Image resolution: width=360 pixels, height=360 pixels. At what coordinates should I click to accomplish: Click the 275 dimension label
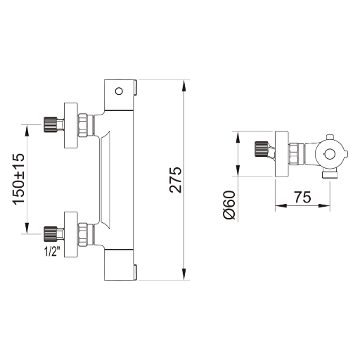[x=176, y=180]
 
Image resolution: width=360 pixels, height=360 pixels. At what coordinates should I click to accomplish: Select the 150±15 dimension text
[x=19, y=179]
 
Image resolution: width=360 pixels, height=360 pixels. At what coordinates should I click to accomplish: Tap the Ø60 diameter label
[x=229, y=205]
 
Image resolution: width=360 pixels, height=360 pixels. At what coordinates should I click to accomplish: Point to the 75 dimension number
[x=302, y=197]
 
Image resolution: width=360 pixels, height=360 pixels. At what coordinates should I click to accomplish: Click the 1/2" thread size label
[x=52, y=252]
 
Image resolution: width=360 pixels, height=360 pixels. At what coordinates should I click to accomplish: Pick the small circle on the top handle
[x=119, y=91]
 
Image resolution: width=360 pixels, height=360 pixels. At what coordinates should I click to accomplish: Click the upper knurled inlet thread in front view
[x=51, y=124]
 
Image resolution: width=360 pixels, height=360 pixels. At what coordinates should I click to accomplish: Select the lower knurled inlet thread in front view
[x=51, y=234]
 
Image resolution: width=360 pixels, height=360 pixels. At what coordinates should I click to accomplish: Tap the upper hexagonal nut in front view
[x=82, y=125]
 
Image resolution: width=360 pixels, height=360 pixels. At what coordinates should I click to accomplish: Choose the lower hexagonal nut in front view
[x=82, y=235]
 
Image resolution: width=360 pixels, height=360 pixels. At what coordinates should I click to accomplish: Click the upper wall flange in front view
[x=71, y=125]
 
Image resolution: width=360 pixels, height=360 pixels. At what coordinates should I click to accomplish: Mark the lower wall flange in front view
[x=71, y=235]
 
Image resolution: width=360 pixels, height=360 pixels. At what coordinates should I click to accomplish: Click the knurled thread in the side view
[x=261, y=149]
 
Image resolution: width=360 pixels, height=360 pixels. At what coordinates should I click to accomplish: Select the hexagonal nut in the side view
[x=293, y=153]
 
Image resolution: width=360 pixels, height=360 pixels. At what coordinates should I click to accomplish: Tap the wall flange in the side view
[x=281, y=154]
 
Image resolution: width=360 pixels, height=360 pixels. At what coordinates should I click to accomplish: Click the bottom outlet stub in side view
[x=330, y=175]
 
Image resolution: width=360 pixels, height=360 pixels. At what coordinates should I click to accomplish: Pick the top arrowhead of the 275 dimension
[x=184, y=86]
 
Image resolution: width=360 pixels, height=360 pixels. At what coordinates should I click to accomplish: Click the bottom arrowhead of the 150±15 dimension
[x=27, y=228]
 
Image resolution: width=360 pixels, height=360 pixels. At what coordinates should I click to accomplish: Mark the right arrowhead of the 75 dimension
[x=324, y=205]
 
